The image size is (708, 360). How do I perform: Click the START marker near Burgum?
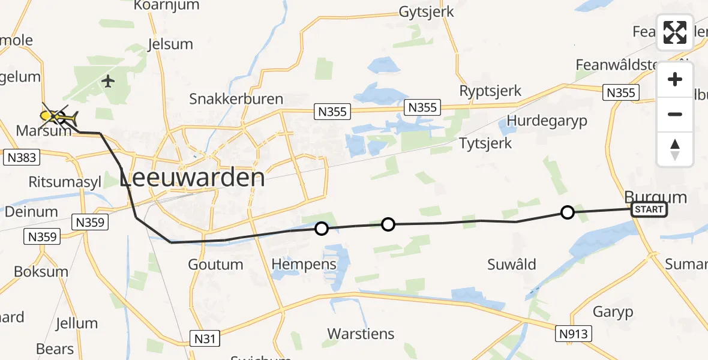649,209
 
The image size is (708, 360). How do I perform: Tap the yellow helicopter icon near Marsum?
59,116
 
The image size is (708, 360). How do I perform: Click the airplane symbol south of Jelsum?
108,81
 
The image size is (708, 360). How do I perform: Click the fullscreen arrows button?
675,32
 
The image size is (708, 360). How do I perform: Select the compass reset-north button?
675,149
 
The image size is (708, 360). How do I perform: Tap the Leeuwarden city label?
192,178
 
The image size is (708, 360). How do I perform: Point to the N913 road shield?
574,334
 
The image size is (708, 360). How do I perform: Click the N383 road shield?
21,158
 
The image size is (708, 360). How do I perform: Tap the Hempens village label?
304,265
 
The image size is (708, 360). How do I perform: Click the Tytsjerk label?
485,143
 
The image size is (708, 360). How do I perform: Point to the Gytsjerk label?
427,12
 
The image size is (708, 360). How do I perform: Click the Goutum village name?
216,265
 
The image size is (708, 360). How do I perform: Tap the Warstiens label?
361,334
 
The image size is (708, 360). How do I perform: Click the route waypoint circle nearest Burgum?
567,212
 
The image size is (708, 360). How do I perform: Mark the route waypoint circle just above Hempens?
322,229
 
